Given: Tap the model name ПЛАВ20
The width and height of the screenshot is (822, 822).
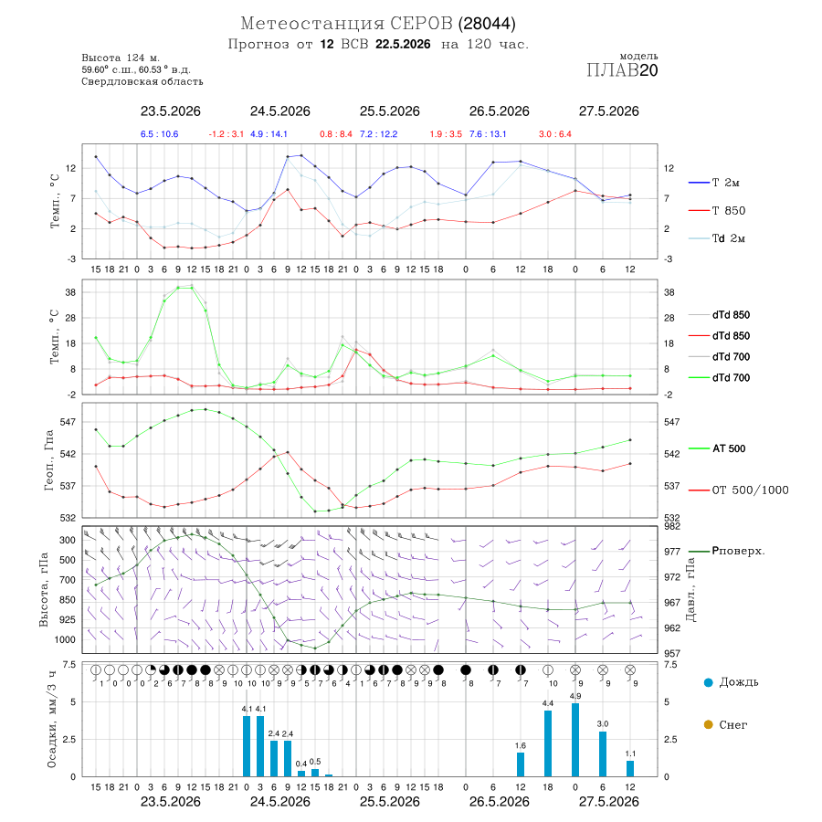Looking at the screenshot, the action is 622,70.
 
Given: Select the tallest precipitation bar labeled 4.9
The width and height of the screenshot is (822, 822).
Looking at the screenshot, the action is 575,740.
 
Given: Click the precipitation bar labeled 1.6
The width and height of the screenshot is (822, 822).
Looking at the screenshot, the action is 521,764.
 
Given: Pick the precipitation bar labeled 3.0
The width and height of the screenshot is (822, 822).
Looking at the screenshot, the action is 603,753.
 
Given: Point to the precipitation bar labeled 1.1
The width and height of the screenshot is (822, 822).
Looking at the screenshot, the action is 630,768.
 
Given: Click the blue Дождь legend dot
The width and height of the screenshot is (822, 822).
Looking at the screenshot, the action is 708,682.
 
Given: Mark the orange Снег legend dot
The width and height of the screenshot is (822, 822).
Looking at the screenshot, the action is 708,724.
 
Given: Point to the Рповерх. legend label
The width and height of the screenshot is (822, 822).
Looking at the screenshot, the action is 738,551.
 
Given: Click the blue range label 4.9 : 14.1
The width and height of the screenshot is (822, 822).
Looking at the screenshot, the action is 269,134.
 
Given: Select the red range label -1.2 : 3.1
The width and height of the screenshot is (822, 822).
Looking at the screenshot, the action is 226,134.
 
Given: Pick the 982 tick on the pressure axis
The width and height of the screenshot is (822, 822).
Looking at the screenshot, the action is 671,526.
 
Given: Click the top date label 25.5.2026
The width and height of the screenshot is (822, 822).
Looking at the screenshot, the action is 389,111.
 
